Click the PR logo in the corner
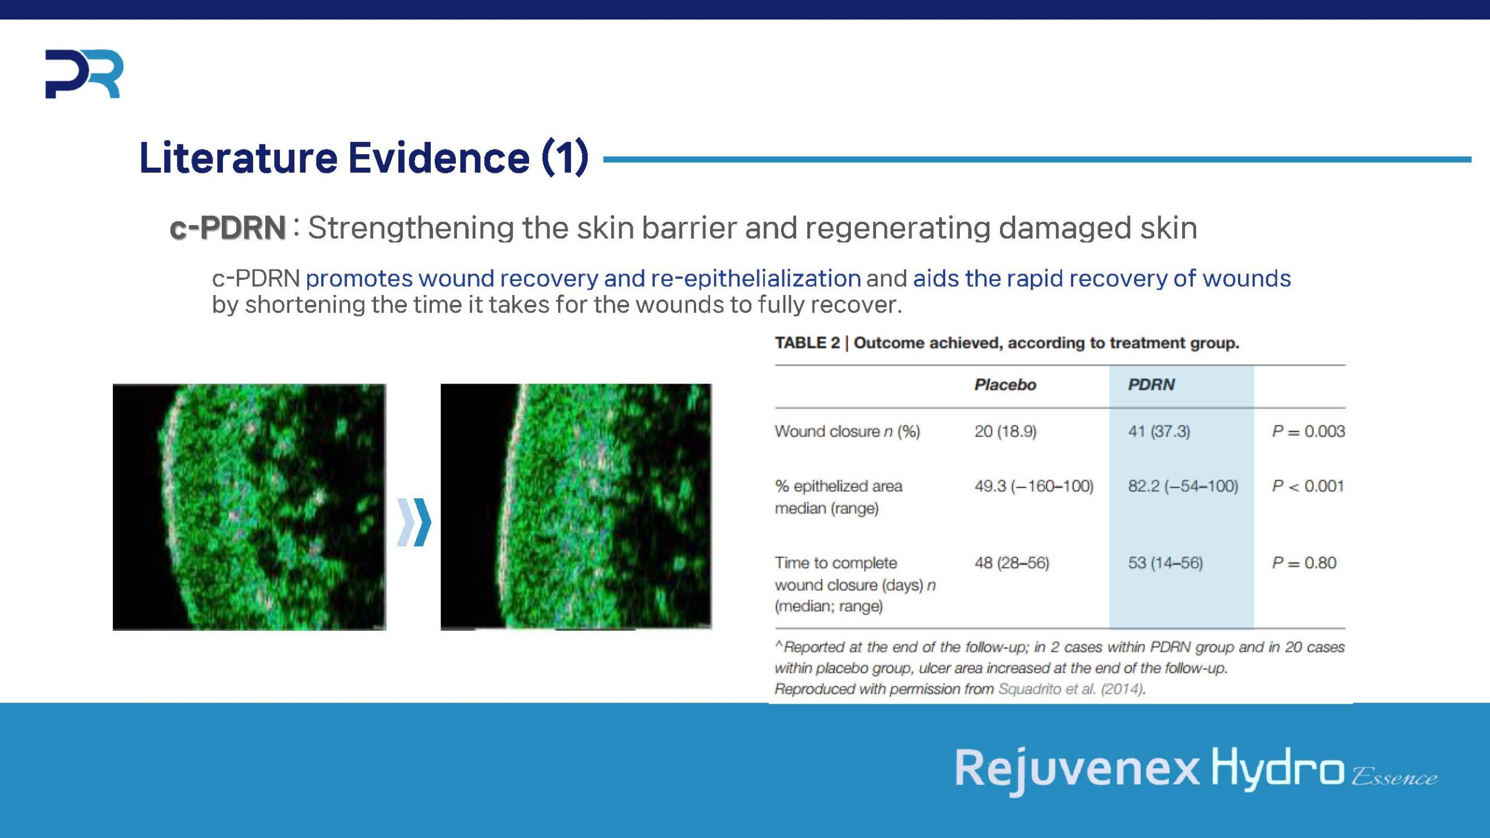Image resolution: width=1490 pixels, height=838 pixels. coord(84,74)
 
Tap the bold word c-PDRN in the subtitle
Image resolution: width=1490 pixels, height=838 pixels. coord(228,228)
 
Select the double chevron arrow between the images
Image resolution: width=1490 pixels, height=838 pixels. coord(414,522)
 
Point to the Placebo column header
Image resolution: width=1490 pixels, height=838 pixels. coord(1005,385)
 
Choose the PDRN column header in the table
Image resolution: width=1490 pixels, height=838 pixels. coord(1151,385)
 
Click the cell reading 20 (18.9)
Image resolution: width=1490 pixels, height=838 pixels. coord(1005,431)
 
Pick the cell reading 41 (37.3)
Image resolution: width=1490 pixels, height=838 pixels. coord(1159,431)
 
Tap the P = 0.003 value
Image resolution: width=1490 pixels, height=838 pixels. coord(1308,431)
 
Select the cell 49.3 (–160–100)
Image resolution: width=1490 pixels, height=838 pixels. coord(1034,486)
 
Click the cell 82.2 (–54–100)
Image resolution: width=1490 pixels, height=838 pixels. coord(1183,486)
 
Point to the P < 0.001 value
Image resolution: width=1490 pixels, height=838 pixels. coord(1308,486)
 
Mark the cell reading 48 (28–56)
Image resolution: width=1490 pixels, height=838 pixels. coord(1012,563)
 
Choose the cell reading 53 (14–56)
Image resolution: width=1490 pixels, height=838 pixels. coord(1165,563)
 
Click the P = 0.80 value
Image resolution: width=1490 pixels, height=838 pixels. coord(1304,563)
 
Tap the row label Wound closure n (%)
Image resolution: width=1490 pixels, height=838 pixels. coord(847,431)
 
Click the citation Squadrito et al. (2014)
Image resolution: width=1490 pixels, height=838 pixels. coord(1071,689)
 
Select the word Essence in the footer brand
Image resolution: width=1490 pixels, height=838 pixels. coord(1394,777)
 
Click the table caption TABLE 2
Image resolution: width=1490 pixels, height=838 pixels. coord(807,343)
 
